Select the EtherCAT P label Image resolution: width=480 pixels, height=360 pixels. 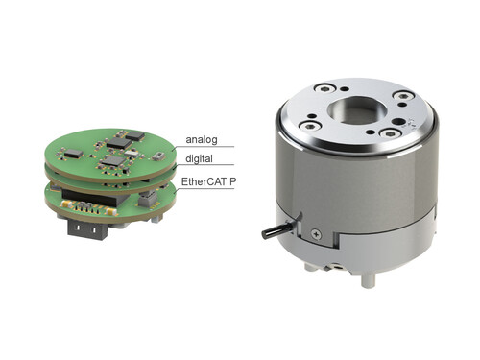[207, 180]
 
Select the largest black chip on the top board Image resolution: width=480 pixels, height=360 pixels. [119, 141]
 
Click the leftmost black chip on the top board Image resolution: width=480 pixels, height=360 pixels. [72, 152]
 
